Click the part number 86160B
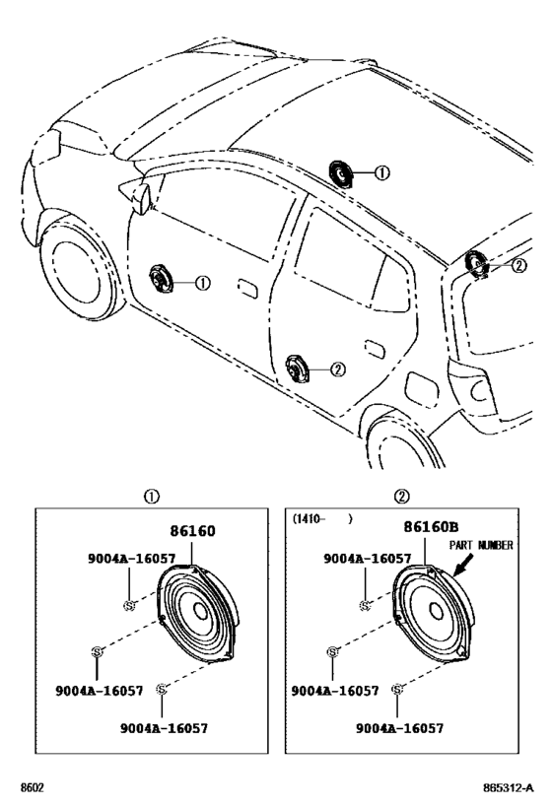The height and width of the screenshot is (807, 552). tap(431, 526)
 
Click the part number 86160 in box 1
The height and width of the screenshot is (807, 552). tap(192, 531)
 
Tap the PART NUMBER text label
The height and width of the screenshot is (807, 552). tap(481, 545)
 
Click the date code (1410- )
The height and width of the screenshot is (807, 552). tap(322, 518)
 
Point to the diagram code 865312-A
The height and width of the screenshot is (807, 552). tap(509, 788)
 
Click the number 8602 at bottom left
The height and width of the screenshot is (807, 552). tap(32, 788)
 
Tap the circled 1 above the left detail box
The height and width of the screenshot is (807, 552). tap(152, 497)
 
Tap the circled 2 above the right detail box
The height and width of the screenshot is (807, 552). tap(401, 497)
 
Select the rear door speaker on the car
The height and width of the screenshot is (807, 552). tap(297, 369)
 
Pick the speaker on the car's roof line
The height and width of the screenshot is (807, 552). tap(340, 173)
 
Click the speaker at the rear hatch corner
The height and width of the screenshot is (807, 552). tap(476, 264)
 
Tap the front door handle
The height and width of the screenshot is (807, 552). tap(247, 288)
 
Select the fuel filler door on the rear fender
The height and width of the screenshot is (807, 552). tap(422, 387)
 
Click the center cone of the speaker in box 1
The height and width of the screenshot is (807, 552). tap(201, 611)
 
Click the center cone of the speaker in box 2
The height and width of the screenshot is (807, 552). tap(436, 612)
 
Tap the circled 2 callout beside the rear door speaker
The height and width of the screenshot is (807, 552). tap(338, 370)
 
